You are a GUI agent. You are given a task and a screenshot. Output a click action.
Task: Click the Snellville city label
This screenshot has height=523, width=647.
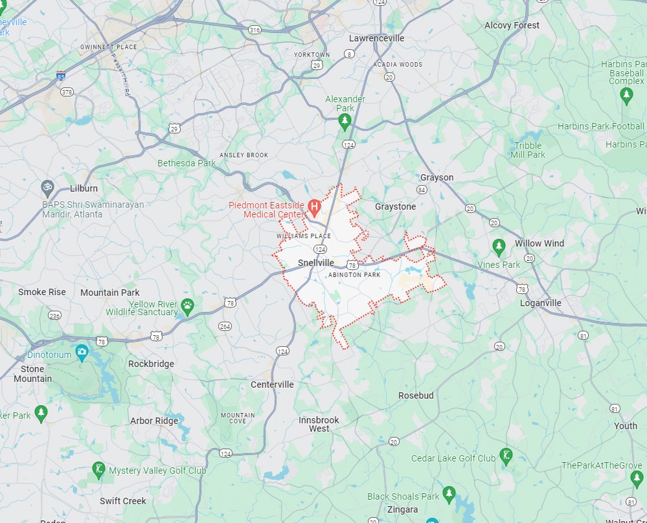[316, 263]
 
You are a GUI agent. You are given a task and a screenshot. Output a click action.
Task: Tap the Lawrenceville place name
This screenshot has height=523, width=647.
[376, 38]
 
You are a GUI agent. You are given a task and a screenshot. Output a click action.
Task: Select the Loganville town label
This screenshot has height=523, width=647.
[541, 303]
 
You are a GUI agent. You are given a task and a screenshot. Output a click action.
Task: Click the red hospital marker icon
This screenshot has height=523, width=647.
[314, 208]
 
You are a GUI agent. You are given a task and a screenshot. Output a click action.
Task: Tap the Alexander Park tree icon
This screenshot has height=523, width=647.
[345, 121]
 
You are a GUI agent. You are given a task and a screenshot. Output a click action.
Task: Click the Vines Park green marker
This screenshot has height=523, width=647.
[499, 247]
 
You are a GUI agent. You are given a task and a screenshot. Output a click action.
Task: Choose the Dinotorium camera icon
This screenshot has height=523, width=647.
[82, 352]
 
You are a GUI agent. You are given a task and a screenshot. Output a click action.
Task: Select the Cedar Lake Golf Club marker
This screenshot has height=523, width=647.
[506, 456]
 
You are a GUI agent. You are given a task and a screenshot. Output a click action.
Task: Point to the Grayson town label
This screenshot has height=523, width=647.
[437, 177]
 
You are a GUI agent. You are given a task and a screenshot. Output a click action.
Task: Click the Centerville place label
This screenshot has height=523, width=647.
[272, 384]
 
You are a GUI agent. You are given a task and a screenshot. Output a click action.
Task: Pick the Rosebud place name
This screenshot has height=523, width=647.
[416, 395]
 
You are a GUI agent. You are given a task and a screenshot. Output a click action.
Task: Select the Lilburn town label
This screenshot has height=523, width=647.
[84, 188]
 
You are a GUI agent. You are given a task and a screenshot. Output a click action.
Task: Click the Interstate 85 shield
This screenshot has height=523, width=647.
[60, 76]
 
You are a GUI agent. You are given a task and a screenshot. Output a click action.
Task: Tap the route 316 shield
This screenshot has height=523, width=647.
[255, 30]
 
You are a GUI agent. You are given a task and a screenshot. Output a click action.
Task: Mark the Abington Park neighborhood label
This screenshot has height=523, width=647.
[354, 275]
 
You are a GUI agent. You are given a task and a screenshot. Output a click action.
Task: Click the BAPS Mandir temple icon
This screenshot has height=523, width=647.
[47, 188]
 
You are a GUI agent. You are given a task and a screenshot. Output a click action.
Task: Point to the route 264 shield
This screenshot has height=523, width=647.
[225, 326]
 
